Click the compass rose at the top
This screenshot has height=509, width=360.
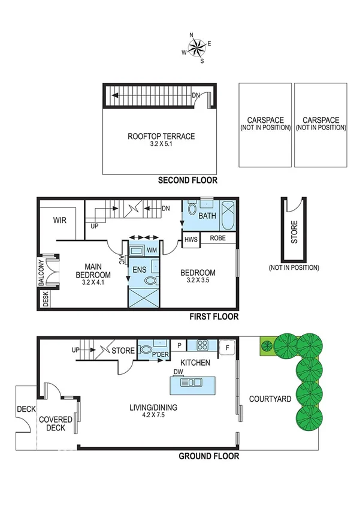(196, 49)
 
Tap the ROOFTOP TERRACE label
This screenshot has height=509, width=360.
(161, 136)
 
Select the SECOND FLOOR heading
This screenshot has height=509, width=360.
(187, 180)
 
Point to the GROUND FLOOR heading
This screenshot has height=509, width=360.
(209, 456)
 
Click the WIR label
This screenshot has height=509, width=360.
(59, 220)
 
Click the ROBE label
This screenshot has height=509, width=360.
(217, 238)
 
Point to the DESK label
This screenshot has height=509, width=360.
(46, 299)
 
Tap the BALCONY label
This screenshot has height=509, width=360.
(41, 273)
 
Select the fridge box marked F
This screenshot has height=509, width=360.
(228, 347)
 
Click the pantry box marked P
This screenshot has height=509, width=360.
(179, 346)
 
